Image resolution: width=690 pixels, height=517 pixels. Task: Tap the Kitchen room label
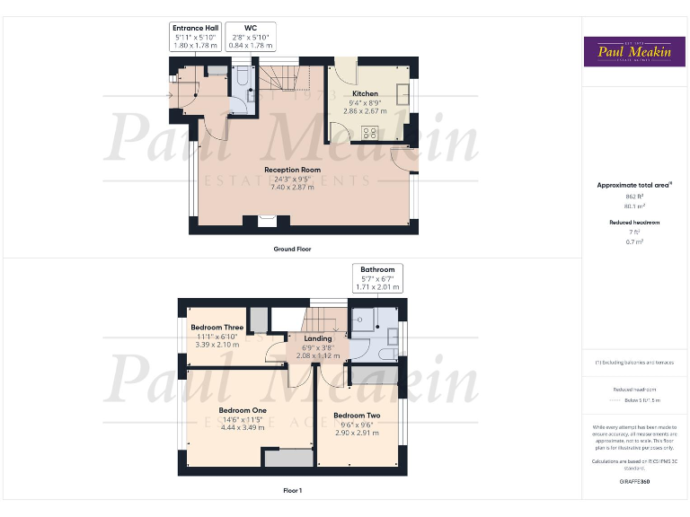(365, 93)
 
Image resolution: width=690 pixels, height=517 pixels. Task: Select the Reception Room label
(292, 170)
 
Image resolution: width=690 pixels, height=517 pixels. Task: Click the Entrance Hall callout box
(195, 36)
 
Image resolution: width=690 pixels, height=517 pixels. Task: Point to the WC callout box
(251, 36)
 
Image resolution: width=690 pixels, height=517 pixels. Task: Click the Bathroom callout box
(377, 277)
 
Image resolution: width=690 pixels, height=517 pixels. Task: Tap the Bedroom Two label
(356, 416)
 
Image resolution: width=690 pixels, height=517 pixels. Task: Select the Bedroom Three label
(217, 328)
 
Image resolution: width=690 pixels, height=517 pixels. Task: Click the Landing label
(318, 338)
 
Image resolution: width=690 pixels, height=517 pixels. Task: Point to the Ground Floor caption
(292, 249)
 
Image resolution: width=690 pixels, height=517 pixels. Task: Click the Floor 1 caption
(292, 490)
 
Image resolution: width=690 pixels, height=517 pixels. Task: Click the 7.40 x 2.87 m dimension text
(292, 188)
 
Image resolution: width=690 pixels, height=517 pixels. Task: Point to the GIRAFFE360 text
(634, 482)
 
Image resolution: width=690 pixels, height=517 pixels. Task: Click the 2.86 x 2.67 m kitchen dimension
(365, 110)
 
